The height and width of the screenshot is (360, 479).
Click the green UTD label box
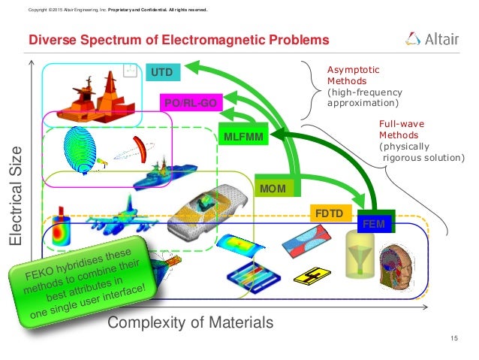[162, 72]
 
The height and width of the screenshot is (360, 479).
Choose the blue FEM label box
[372, 223]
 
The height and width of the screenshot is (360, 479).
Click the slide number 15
[453, 341]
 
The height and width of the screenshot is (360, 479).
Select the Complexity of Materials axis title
[191, 323]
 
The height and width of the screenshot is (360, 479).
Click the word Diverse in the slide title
[51, 38]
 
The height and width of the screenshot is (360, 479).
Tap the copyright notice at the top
[116, 10]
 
